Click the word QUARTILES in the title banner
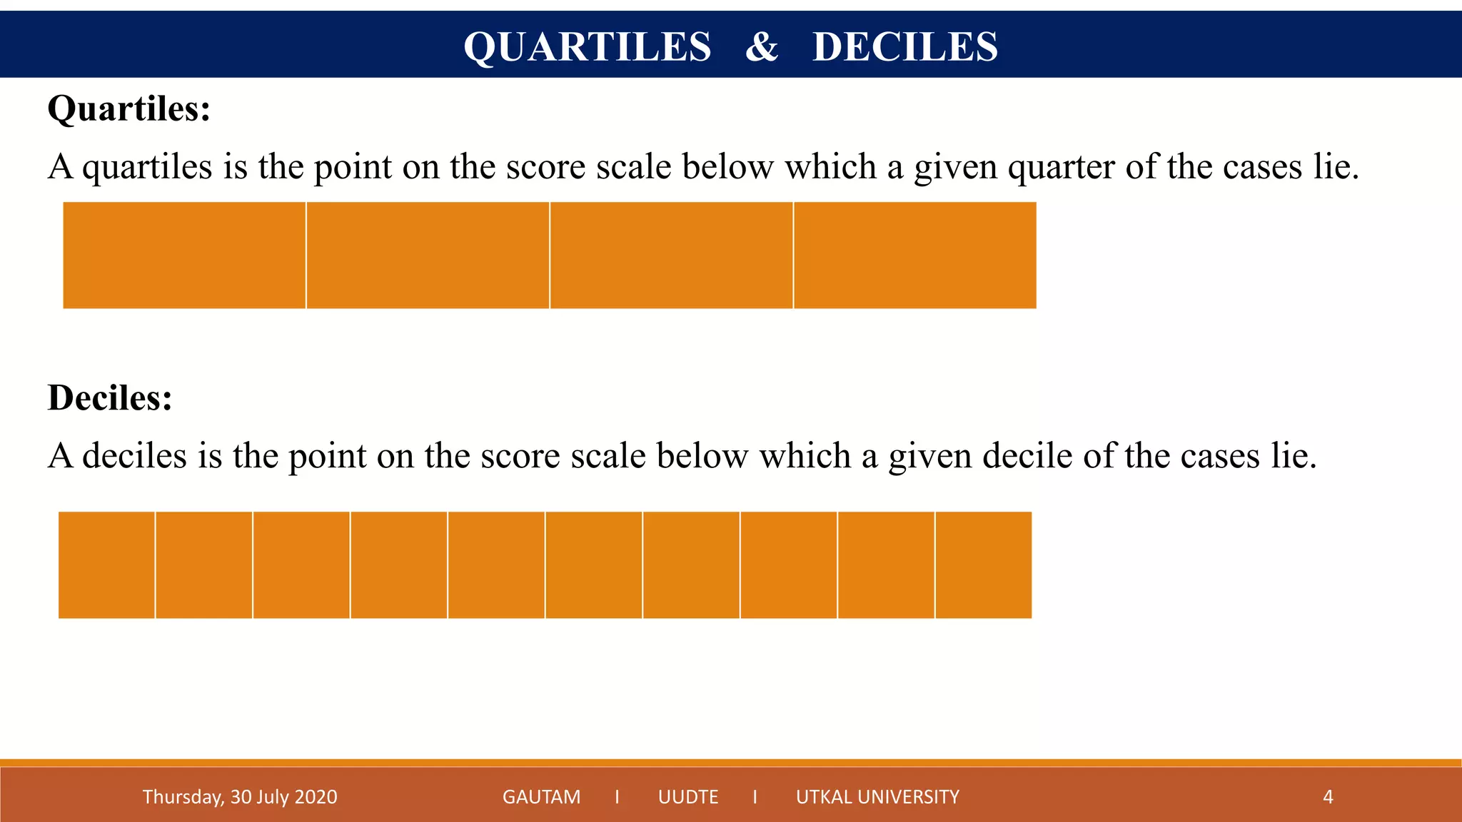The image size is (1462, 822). (587, 47)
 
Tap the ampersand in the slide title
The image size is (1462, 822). (762, 47)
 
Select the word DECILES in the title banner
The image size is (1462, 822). (904, 47)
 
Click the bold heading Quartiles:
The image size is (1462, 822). (129, 109)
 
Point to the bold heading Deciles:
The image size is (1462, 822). (110, 397)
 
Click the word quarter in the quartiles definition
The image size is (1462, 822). (1061, 168)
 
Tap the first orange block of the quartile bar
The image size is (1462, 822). (184, 255)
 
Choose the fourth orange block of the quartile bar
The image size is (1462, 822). (915, 255)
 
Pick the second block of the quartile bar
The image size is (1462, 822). (428, 255)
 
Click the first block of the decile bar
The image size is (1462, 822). (106, 565)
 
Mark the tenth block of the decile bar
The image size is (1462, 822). (984, 565)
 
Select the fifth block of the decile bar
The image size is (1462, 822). (496, 565)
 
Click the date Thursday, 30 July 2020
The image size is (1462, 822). (240, 797)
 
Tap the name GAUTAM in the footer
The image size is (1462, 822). (541, 797)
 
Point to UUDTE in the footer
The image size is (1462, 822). (688, 797)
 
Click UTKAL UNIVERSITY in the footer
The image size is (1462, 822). (877, 797)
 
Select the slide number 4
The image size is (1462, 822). (1328, 797)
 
